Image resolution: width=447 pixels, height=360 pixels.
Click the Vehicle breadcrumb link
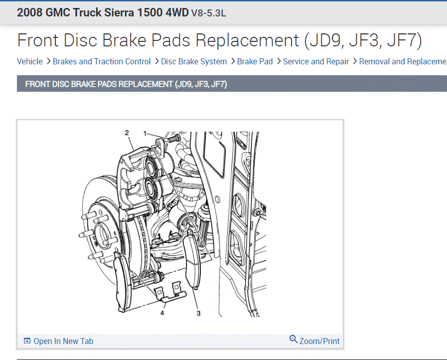(29, 62)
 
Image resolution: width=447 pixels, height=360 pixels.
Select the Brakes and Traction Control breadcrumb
(102, 62)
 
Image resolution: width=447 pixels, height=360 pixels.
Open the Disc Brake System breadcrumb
(194, 62)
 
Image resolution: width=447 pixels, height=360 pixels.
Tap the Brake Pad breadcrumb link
(255, 62)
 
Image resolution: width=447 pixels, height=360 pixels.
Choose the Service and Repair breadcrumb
(316, 62)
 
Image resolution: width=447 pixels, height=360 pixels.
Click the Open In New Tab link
(63, 341)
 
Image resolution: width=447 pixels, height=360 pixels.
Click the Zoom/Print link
(319, 341)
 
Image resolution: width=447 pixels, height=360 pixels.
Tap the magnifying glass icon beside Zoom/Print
(294, 339)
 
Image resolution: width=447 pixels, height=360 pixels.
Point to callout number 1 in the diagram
(145, 133)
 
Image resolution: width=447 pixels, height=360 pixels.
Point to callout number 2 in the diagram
(127, 133)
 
